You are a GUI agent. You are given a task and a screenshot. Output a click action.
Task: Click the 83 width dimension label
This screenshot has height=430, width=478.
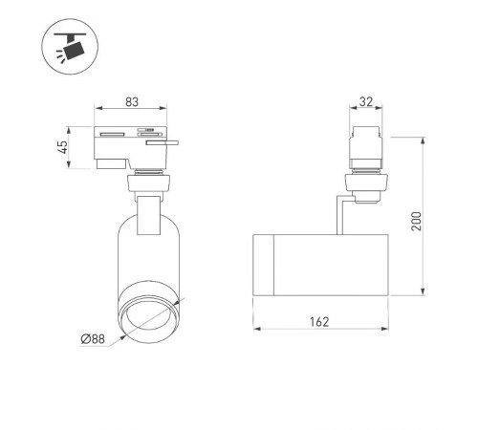(x=134, y=101)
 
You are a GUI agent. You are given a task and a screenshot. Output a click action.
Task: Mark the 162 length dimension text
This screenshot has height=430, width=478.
(x=319, y=322)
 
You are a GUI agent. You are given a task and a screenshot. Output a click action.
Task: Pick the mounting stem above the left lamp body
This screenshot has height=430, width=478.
(x=148, y=212)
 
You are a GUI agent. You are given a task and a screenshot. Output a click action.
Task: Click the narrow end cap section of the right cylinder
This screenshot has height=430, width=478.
(x=264, y=265)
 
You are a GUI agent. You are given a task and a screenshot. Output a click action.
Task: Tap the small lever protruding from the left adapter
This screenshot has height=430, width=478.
(x=168, y=143)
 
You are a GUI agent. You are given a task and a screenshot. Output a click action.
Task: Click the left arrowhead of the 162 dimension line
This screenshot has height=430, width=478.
(x=257, y=330)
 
